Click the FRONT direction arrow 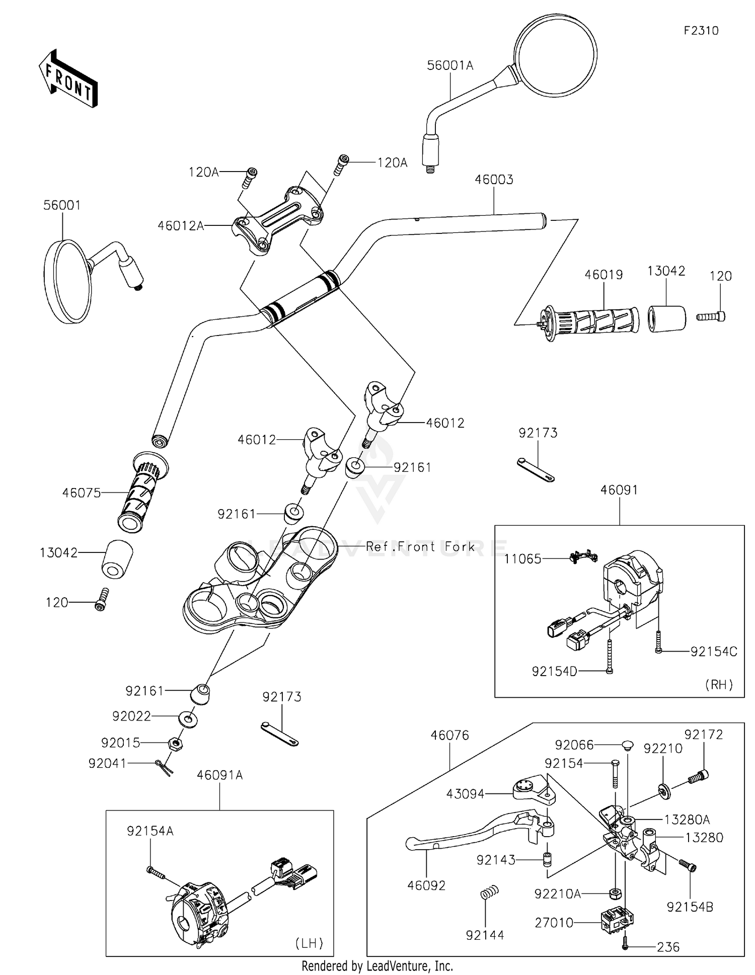[68, 78]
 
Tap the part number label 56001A [450, 65]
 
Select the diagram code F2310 [701, 31]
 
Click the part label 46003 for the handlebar [494, 180]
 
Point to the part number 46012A [181, 226]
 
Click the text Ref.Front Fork [420, 546]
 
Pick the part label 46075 [82, 493]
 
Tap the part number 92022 [132, 716]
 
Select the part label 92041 [108, 763]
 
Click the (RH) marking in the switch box [719, 684]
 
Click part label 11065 [523, 558]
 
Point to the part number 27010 [555, 922]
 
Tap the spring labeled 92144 [485, 893]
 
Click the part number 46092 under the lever [426, 885]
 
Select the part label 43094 [465, 793]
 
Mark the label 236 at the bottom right [668, 947]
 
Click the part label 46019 [603, 275]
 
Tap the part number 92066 [574, 745]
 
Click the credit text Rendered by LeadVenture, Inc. [377, 966]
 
